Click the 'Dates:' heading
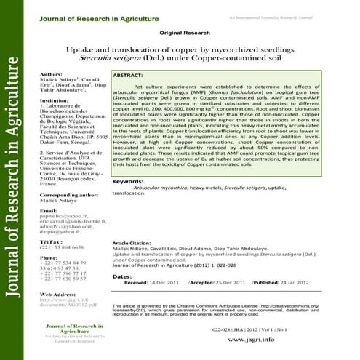point(122,276)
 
